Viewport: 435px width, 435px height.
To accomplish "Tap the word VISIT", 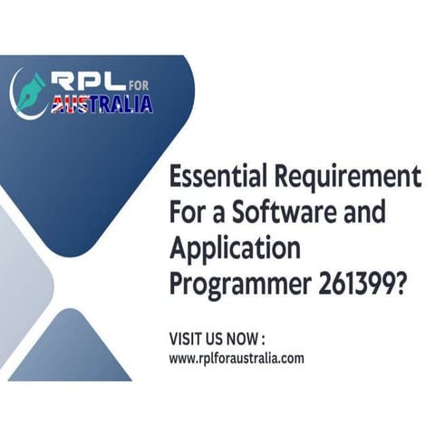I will [185, 339].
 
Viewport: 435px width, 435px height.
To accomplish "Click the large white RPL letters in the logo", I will [85, 82].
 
